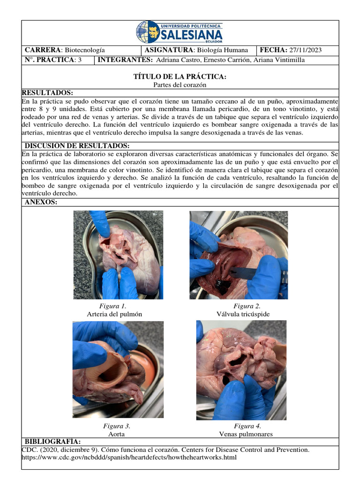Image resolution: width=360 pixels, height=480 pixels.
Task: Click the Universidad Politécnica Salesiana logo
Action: click(180, 32)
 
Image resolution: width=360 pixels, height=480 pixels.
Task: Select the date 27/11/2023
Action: click(305, 50)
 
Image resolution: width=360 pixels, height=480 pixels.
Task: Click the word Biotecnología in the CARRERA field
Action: click(84, 50)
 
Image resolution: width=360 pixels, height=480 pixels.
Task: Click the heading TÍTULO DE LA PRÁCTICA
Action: click(180, 76)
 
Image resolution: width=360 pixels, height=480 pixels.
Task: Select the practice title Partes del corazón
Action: click(180, 85)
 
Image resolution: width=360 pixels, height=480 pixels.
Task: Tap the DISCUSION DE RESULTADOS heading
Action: click(77, 146)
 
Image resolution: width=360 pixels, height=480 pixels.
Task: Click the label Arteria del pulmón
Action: click(114, 314)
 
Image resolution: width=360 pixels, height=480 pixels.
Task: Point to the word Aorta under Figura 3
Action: click(116, 434)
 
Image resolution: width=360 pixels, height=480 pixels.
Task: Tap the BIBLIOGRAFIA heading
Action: click(52, 442)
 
